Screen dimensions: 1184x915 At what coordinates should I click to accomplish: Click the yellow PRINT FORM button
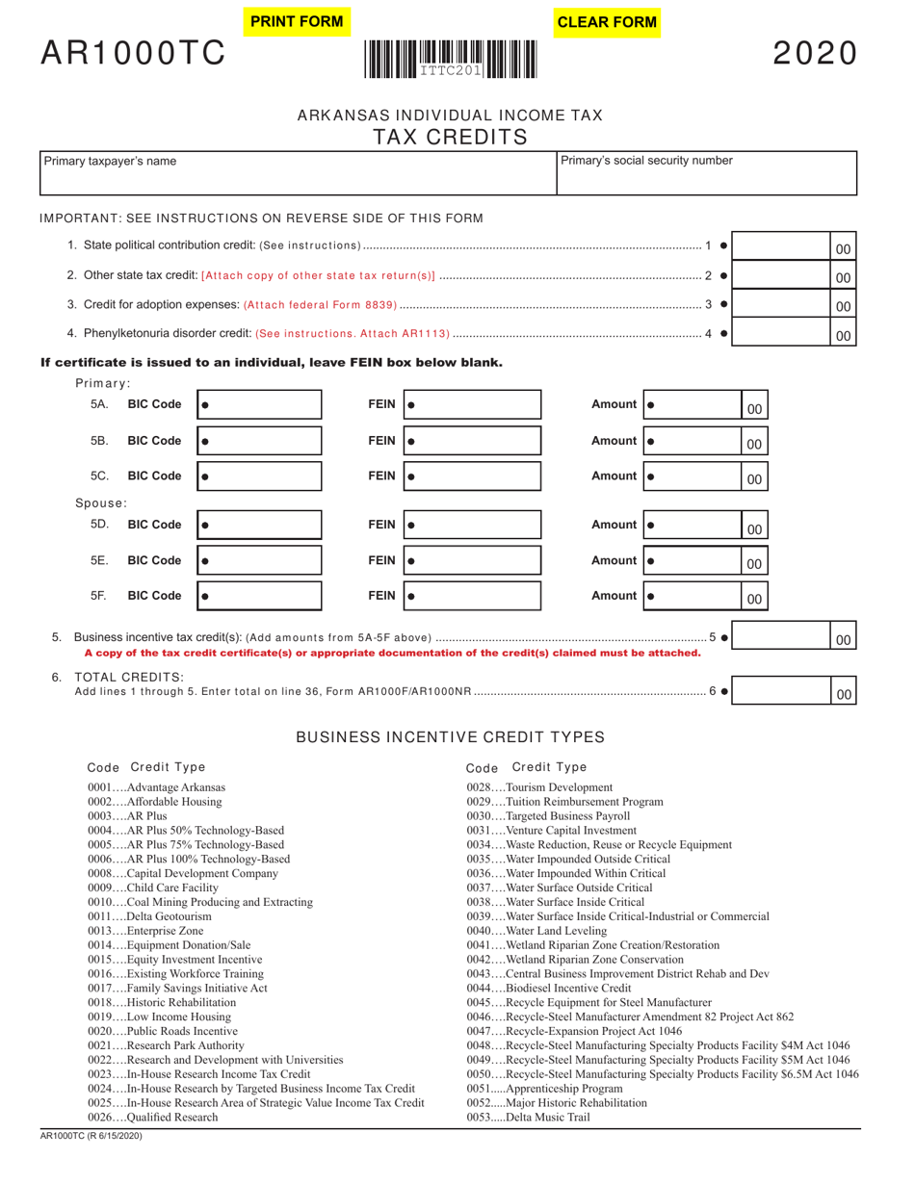(296, 21)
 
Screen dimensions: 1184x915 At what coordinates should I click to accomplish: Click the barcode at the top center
(450, 59)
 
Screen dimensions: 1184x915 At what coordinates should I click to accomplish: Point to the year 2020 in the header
(815, 54)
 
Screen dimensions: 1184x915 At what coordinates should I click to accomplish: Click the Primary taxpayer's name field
(298, 173)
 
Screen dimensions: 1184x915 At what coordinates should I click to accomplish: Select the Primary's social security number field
(706, 173)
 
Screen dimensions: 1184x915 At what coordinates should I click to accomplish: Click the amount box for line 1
(782, 247)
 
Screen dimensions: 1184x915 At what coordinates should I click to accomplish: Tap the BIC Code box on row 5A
(259, 405)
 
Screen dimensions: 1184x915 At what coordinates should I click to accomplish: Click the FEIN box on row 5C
(472, 476)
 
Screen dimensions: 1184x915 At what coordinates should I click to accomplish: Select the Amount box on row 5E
(693, 561)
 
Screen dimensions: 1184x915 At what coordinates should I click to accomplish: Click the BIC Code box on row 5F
(259, 596)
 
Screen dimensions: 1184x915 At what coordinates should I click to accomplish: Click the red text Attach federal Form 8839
(321, 305)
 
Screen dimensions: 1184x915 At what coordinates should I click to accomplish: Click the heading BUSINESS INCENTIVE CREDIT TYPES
(450, 737)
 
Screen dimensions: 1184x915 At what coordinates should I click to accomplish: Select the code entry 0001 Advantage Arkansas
(156, 787)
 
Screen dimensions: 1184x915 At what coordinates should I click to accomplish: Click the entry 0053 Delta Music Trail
(528, 1117)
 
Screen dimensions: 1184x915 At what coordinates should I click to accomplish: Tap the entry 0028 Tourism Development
(538, 787)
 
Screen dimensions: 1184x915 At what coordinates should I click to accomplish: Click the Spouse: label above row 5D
(101, 502)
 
